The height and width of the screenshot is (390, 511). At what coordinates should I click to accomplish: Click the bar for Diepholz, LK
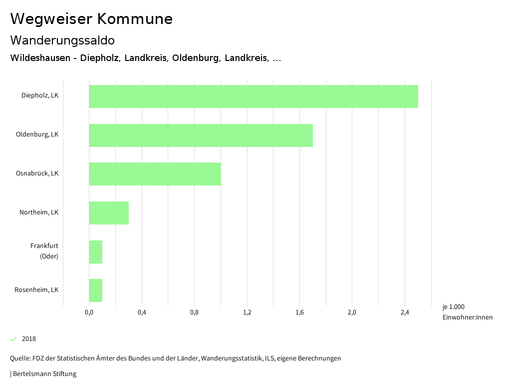click(x=254, y=96)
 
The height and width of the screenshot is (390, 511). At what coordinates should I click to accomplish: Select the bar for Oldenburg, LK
click(x=201, y=135)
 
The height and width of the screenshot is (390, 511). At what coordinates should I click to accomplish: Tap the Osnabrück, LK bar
click(x=155, y=174)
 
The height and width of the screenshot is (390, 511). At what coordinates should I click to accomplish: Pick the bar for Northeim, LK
click(x=109, y=213)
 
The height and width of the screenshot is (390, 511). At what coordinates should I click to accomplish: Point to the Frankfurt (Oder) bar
click(x=96, y=252)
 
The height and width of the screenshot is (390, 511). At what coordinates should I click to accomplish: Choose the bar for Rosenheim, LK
click(x=96, y=290)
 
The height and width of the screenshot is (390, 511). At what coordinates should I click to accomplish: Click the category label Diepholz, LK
click(x=40, y=95)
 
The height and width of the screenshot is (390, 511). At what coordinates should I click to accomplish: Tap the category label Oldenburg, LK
click(x=37, y=134)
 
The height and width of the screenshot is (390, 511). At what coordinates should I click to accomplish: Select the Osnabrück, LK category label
click(x=37, y=173)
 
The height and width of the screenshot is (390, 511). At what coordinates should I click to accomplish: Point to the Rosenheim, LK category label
click(x=36, y=290)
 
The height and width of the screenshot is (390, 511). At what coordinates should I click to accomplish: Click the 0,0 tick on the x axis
click(x=89, y=313)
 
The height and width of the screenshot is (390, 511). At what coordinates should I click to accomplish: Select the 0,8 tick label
click(x=195, y=313)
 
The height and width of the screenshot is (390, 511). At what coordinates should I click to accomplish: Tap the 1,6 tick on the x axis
click(x=299, y=313)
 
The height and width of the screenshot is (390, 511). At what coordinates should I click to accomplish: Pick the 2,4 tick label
click(x=405, y=313)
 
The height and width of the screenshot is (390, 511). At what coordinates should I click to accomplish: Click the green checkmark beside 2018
click(x=13, y=339)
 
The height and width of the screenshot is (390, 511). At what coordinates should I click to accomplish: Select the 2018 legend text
click(x=29, y=339)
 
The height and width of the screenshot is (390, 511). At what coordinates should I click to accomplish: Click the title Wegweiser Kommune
click(x=91, y=19)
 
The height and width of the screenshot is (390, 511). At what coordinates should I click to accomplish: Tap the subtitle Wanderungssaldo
click(x=62, y=40)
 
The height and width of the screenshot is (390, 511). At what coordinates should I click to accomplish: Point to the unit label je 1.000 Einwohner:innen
click(x=467, y=312)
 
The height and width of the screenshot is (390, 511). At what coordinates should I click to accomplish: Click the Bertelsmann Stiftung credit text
click(x=44, y=374)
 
